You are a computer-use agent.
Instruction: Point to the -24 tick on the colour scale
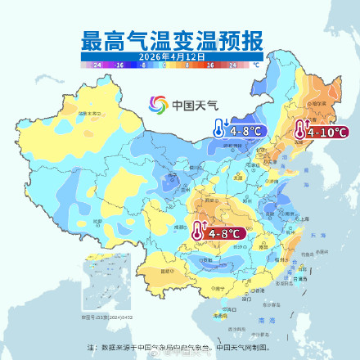coord(97,63)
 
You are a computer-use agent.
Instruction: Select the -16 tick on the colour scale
coord(119,63)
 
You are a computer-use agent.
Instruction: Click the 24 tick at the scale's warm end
coord(232,63)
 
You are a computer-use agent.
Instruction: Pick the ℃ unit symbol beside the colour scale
coord(255,63)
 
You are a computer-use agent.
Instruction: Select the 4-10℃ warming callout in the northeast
coord(327,132)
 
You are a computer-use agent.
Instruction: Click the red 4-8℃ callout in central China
coord(226,233)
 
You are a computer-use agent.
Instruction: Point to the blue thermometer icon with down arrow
coord(219,128)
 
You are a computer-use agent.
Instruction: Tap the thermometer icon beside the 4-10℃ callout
coord(300,131)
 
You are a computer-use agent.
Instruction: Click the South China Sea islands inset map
coord(97,287)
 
